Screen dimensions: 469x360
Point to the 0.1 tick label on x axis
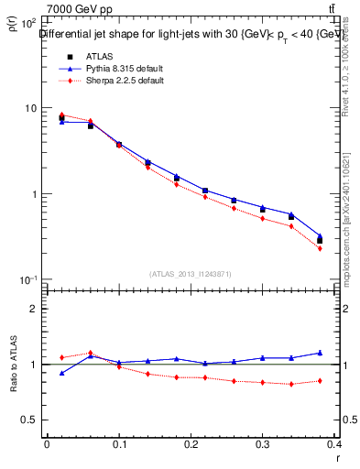point(119,444)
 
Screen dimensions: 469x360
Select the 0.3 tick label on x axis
point(263,444)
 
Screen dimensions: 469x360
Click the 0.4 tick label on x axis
point(334,444)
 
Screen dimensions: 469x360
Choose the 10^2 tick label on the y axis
point(29,22)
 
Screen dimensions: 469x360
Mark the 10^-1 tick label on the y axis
point(29,279)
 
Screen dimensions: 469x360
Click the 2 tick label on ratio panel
point(35,309)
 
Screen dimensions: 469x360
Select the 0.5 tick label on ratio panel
point(31,420)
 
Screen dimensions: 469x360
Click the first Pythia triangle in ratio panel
point(61,373)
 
